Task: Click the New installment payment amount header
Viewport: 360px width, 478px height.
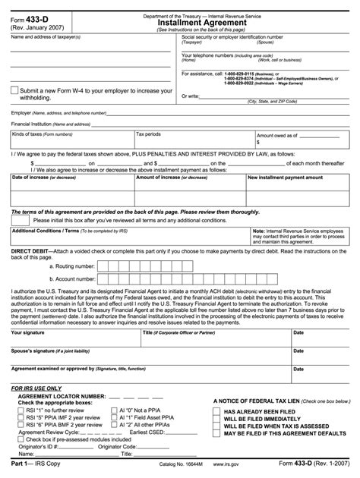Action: pyautogui.click(x=284, y=178)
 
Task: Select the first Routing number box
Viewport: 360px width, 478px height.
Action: pyautogui.click(x=104, y=266)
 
